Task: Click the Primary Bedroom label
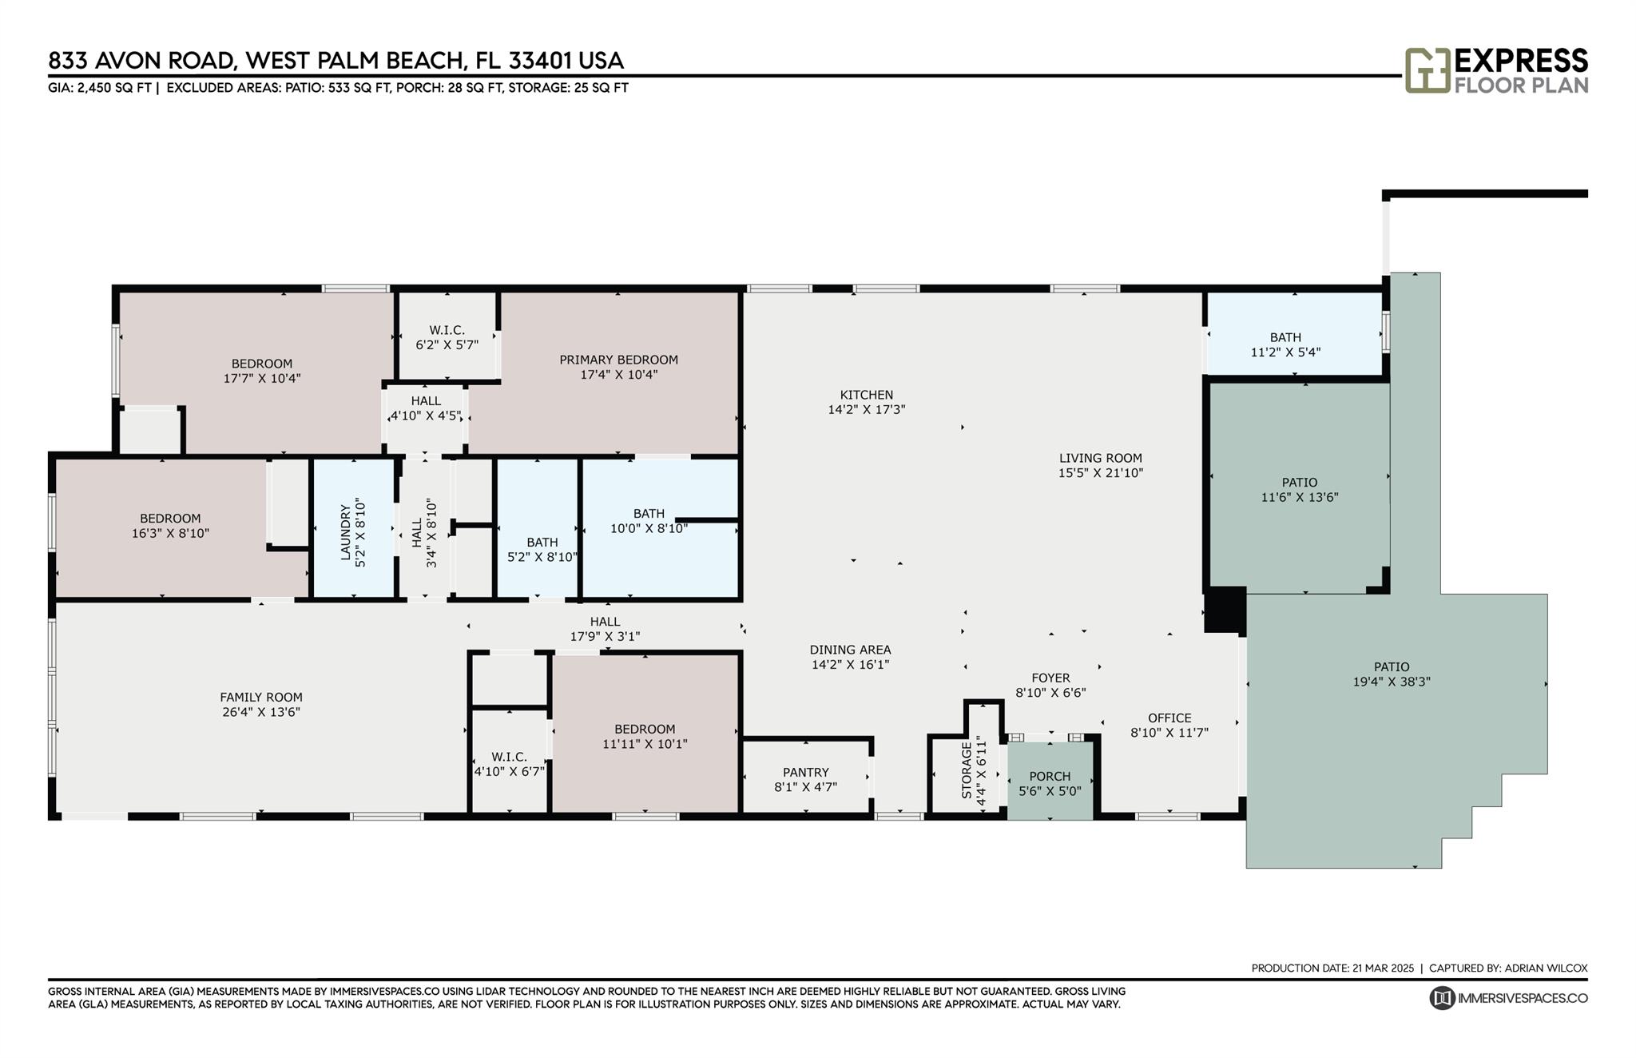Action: [x=618, y=360]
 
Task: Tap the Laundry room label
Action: [x=345, y=531]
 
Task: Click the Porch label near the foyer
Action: [x=1050, y=776]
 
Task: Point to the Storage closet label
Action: [x=967, y=770]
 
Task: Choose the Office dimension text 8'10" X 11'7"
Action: [x=1169, y=732]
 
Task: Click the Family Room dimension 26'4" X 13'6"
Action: [x=261, y=712]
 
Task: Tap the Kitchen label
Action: [x=867, y=395]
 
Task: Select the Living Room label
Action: [x=1101, y=458]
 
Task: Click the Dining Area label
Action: [x=850, y=650]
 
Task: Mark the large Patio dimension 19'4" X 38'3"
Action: [x=1391, y=682]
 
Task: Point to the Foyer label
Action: [x=1050, y=678]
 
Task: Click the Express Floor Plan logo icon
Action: [x=1428, y=70]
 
